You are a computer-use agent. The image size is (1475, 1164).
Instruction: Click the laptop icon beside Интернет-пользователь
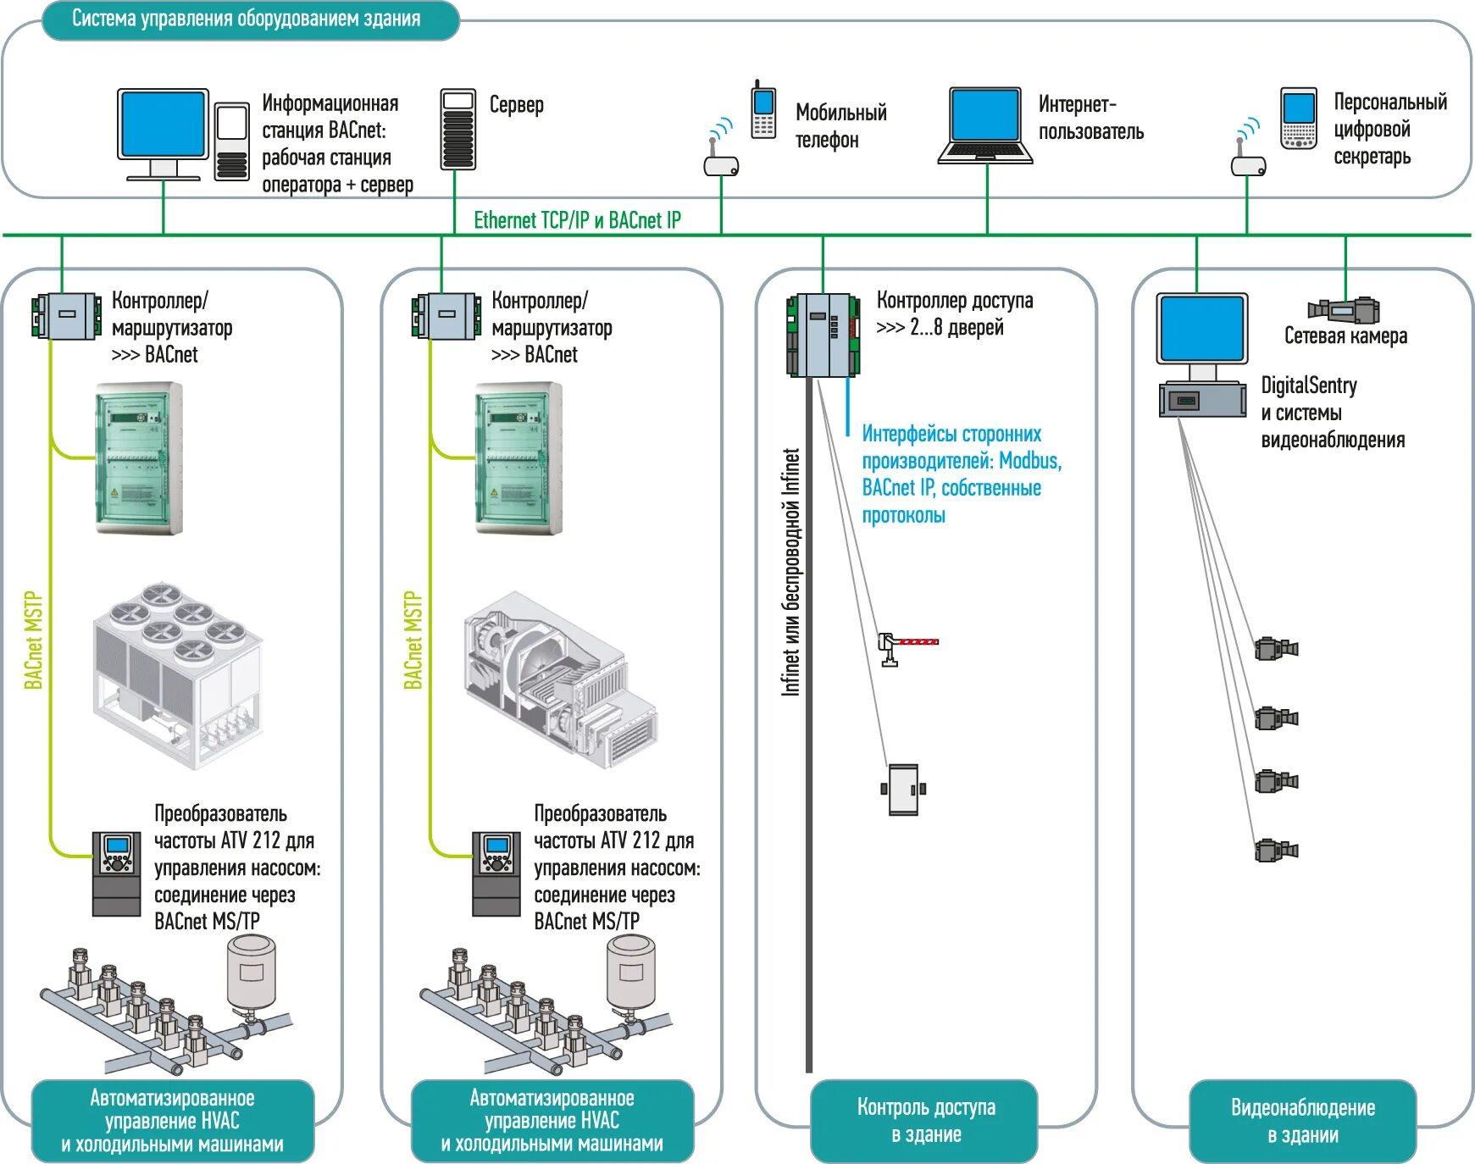(985, 125)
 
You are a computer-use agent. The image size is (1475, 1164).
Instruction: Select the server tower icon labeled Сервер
(457, 129)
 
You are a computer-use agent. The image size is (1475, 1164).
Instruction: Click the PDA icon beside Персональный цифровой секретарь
(1298, 119)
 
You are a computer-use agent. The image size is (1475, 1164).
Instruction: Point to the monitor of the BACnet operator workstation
(163, 125)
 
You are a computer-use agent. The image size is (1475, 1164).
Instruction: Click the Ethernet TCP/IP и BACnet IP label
(577, 220)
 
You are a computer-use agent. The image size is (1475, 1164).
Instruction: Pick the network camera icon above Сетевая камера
(1345, 310)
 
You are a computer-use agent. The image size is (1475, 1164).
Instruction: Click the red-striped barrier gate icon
(908, 646)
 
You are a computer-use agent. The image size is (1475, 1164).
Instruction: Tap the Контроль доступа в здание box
(925, 1120)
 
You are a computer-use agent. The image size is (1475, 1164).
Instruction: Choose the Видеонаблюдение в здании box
(1302, 1120)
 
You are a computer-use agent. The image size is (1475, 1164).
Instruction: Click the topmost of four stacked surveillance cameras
(1276, 649)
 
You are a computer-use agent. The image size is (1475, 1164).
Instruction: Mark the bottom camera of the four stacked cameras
(1276, 850)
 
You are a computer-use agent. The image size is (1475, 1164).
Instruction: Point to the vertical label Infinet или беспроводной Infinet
(790, 572)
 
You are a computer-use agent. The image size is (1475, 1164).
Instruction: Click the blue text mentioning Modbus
(961, 474)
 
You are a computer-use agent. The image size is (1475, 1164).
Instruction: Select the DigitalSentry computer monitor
(1201, 329)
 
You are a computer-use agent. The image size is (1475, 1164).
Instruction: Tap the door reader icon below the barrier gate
(903, 790)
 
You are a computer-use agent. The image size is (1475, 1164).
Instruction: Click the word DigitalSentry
(1308, 385)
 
